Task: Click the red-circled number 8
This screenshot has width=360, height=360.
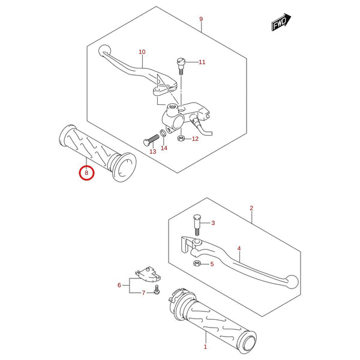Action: [x=86, y=173]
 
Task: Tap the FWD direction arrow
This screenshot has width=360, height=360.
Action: [x=281, y=22]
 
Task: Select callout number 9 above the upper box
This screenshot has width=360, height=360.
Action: [x=201, y=19]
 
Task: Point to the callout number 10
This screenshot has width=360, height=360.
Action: [x=142, y=52]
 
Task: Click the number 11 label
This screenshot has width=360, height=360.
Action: [x=202, y=62]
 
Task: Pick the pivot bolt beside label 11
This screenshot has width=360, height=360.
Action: [x=181, y=66]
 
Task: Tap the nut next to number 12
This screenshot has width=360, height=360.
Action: [x=181, y=138]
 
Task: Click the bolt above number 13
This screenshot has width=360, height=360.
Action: [x=151, y=140]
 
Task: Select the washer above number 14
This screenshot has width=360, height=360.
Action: [x=163, y=133]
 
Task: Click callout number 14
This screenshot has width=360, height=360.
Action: [x=164, y=148]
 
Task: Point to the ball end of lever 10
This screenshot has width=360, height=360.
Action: [x=104, y=50]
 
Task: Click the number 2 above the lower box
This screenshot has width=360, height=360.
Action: [x=251, y=208]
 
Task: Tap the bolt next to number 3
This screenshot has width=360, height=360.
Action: [x=197, y=224]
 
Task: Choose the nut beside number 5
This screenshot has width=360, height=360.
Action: [x=197, y=263]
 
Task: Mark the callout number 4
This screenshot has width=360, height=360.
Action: [x=239, y=248]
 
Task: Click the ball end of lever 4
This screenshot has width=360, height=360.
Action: [x=292, y=281]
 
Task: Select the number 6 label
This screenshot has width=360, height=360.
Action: [x=119, y=285]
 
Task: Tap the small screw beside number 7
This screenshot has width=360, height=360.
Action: [x=157, y=289]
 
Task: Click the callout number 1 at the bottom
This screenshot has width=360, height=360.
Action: [x=205, y=347]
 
